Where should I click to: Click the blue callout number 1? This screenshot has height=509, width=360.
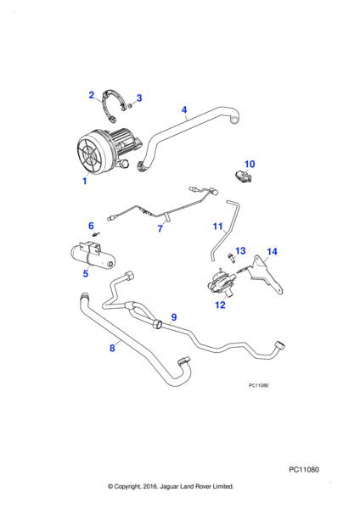[85, 181]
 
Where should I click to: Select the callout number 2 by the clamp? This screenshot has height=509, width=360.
[92, 95]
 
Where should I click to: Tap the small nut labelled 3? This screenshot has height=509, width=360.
[129, 105]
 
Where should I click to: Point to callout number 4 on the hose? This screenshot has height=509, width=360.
[184, 109]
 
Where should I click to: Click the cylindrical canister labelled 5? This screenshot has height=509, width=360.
[92, 256]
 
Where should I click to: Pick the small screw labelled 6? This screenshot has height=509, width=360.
[97, 233]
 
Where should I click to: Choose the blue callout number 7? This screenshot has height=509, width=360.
[160, 229]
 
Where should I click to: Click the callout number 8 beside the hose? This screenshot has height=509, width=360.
[112, 349]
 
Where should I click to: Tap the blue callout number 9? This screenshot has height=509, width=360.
[174, 317]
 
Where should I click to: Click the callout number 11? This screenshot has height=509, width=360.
[217, 227]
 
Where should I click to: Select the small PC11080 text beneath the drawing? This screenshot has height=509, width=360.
[259, 385]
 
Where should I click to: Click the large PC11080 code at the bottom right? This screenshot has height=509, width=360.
[304, 470]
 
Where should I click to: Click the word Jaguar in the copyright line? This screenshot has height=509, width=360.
[167, 486]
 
